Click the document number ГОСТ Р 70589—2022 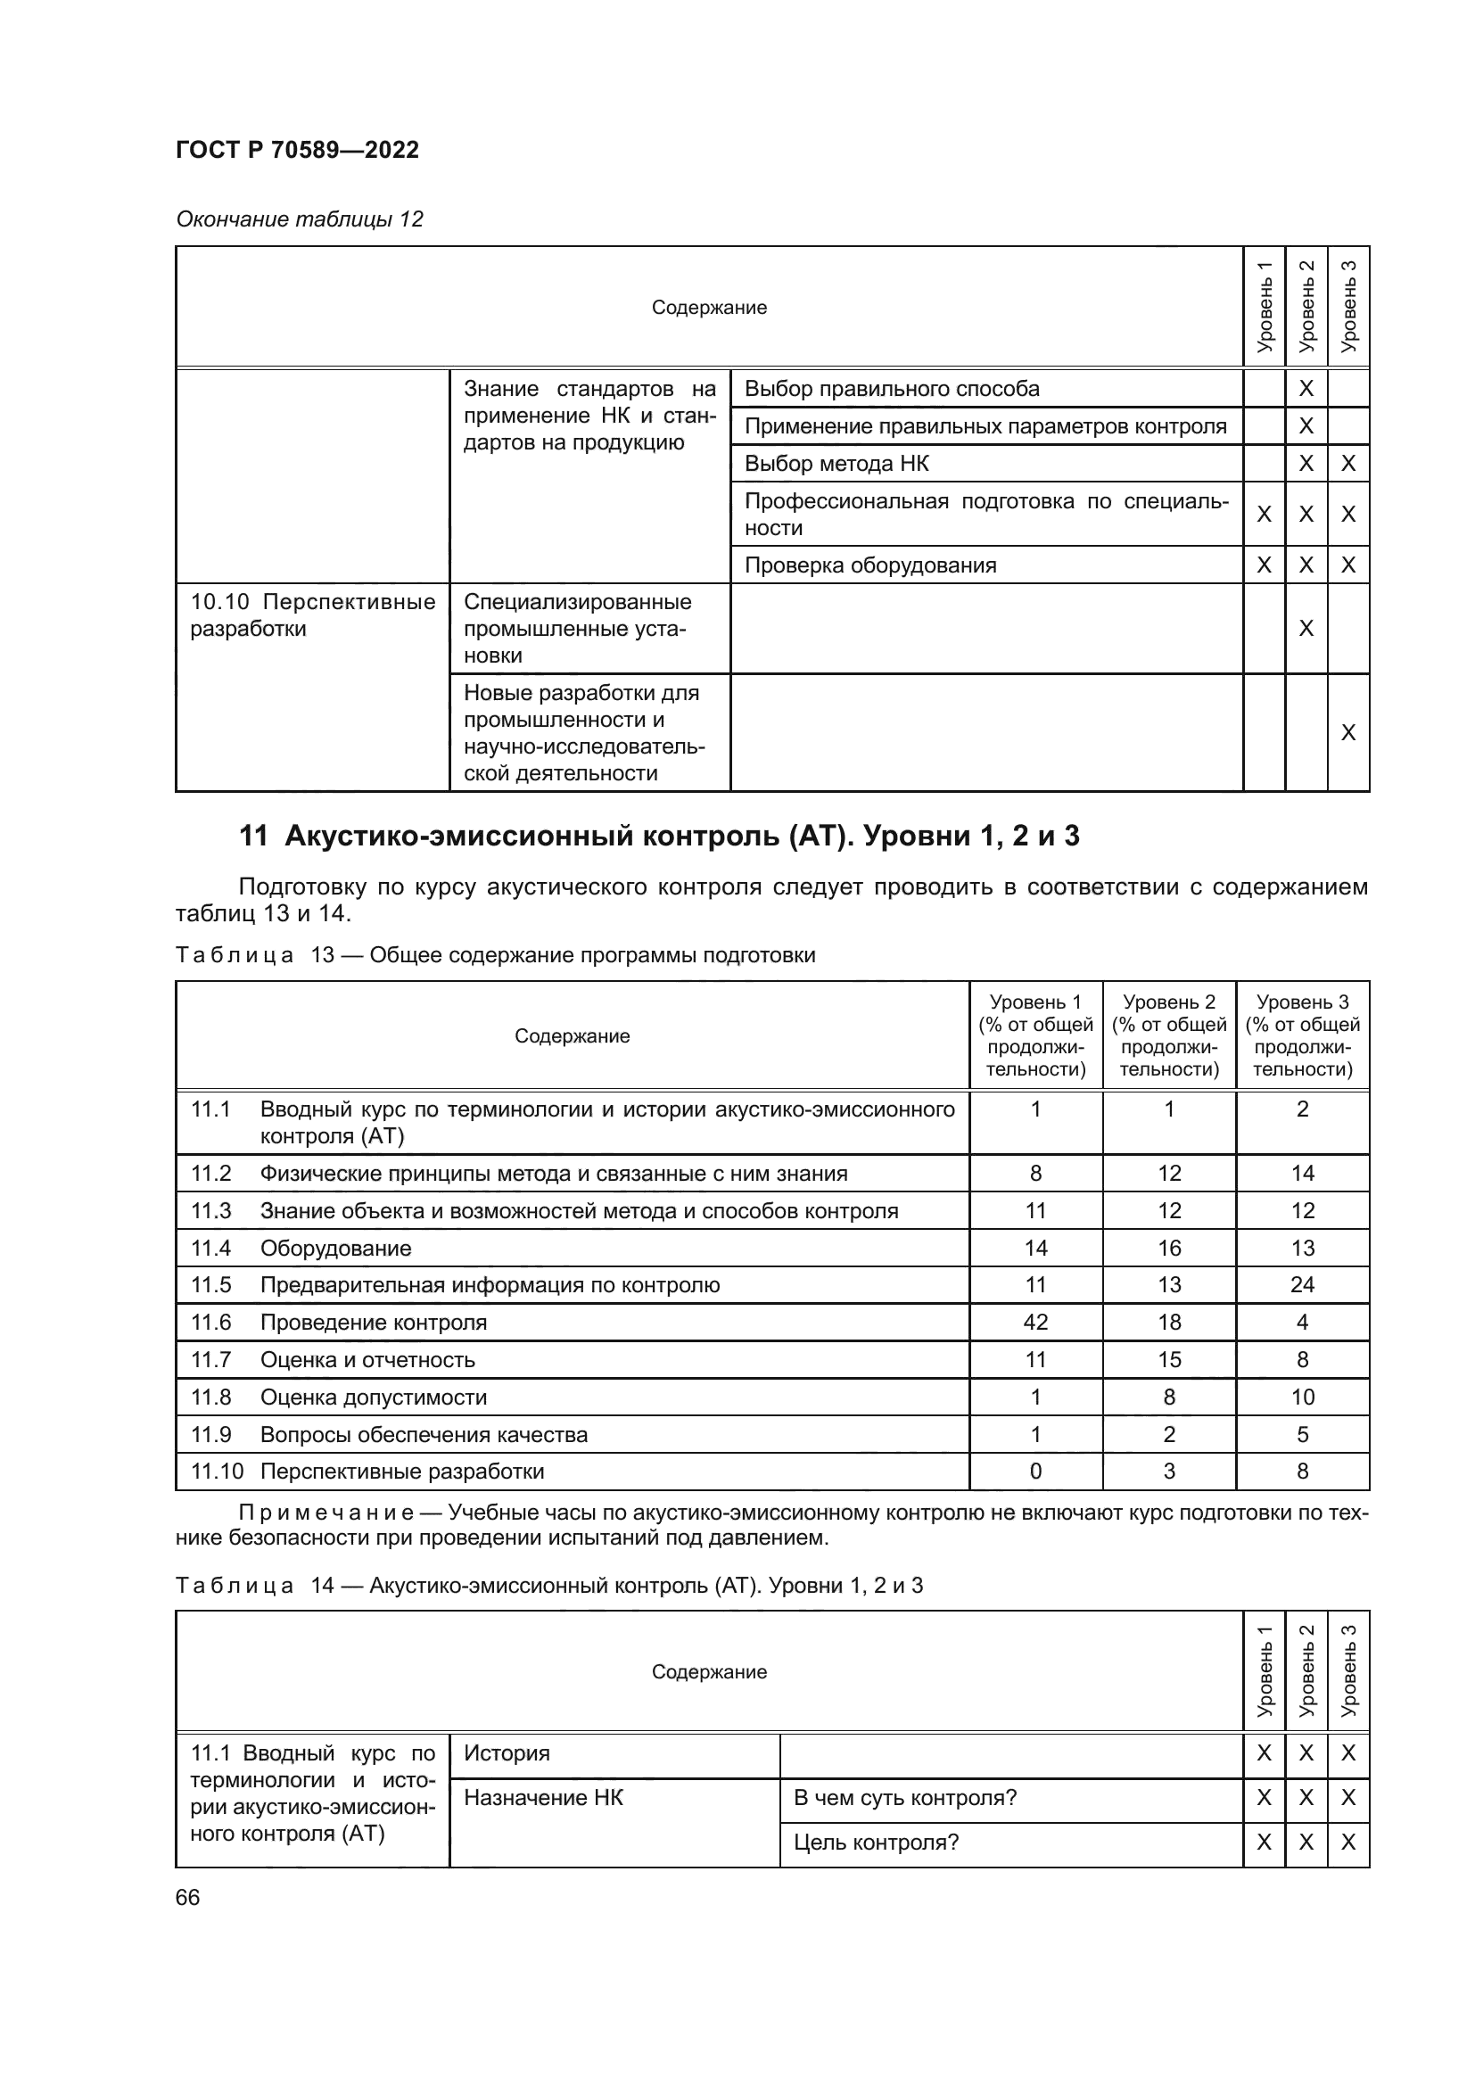coord(297,150)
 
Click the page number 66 coord(187,1897)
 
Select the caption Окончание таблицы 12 coord(300,219)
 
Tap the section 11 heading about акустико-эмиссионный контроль coord(659,836)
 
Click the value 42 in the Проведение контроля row coord(1035,1322)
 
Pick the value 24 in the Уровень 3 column coord(1302,1284)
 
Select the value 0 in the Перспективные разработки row coord(1035,1471)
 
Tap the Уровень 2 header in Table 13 coord(1169,1035)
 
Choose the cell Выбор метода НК coord(836,464)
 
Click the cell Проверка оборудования coord(870,565)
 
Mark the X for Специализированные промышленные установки coord(1306,628)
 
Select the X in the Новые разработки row coord(1347,732)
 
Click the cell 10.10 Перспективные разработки coord(312,615)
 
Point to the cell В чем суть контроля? coord(904,1798)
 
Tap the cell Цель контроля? coord(876,1843)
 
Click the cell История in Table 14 coord(507,1753)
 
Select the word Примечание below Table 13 coord(326,1513)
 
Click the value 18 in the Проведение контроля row coord(1169,1322)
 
